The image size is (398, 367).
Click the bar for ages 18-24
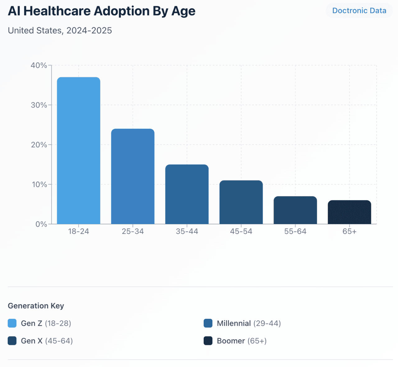tap(78, 151)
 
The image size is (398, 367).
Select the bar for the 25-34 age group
tap(133, 176)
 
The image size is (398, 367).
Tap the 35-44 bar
tap(187, 194)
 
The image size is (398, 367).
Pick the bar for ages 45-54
tap(241, 202)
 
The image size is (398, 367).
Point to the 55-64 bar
tap(295, 210)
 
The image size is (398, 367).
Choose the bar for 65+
tap(349, 212)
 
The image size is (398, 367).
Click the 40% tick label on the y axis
tap(39, 65)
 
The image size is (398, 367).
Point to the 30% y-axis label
tap(39, 105)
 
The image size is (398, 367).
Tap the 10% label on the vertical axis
tap(39, 184)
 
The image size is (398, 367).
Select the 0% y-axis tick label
tap(41, 224)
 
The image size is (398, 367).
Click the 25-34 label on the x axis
tap(133, 232)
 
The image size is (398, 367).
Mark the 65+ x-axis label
tap(349, 232)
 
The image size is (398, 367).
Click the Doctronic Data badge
tap(359, 11)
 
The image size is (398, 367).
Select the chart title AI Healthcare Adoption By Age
tap(102, 11)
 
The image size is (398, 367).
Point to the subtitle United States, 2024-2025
tap(60, 30)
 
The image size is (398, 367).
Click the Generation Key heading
tap(36, 306)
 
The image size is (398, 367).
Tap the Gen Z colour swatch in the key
tap(12, 323)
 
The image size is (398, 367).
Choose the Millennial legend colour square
tap(208, 323)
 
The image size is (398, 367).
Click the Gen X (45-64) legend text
tap(47, 341)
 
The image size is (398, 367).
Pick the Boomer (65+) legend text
tap(242, 341)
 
